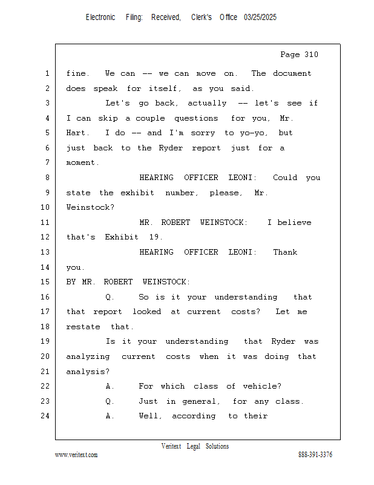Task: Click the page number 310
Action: (x=311, y=55)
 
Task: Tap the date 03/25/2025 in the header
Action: (x=260, y=18)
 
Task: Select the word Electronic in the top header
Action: (x=100, y=18)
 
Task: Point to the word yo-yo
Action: (x=254, y=133)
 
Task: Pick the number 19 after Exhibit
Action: (x=156, y=237)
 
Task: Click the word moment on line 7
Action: (x=82, y=162)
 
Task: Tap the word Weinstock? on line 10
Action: (x=90, y=207)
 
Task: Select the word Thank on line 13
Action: (x=285, y=252)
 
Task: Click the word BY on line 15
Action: (x=71, y=282)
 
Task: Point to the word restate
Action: (x=83, y=327)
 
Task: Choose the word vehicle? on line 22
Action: (x=262, y=386)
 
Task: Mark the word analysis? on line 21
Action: (x=88, y=372)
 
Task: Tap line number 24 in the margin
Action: (x=45, y=416)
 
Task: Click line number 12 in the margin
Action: (x=45, y=237)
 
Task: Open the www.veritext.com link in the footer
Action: (x=76, y=455)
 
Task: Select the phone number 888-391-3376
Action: (x=315, y=455)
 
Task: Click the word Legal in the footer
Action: (x=193, y=446)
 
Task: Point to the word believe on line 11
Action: (x=294, y=222)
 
